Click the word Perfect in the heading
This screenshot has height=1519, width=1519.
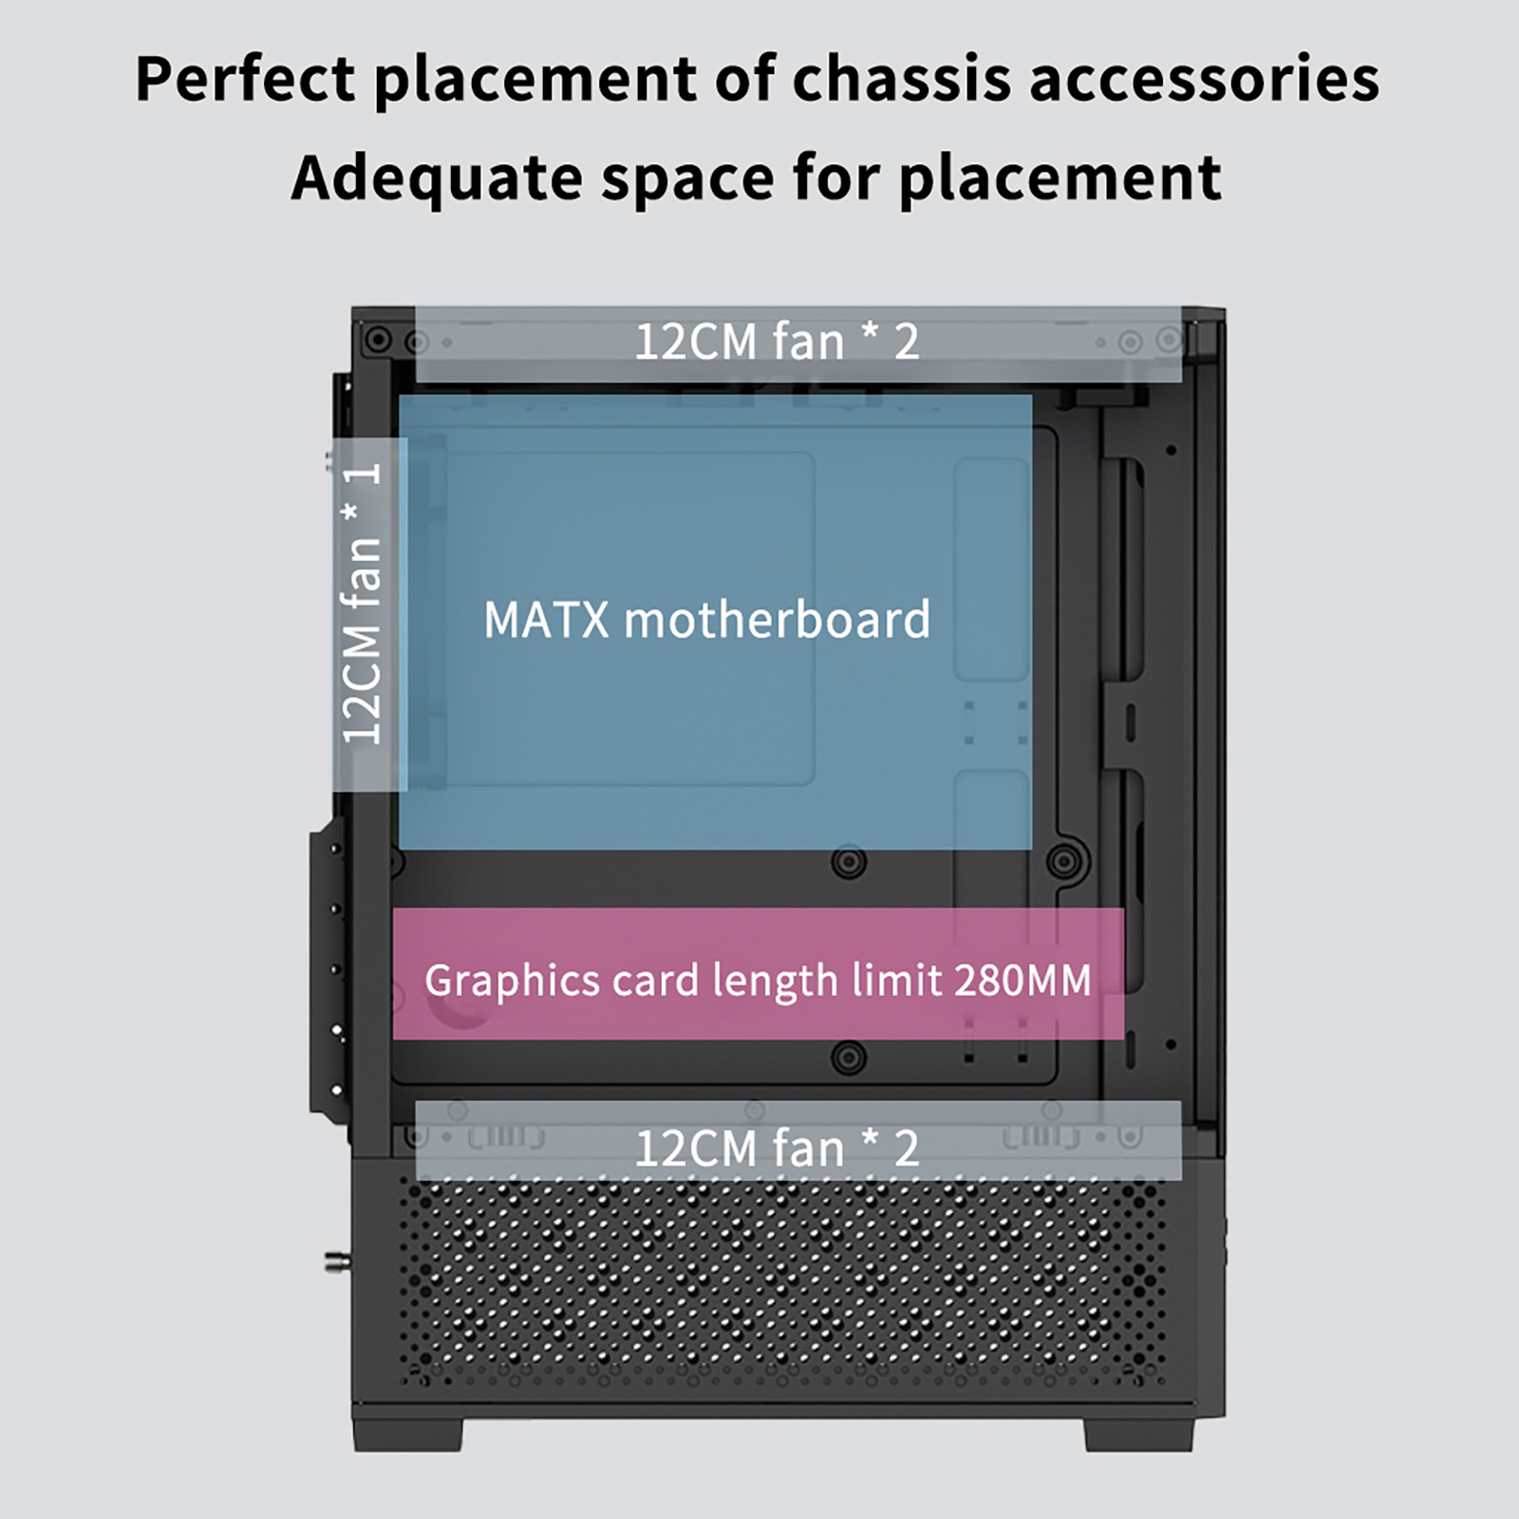click(x=245, y=78)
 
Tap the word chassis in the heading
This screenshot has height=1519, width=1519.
click(x=901, y=78)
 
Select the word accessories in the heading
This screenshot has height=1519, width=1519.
click(x=1205, y=78)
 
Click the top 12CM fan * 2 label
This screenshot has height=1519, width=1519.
click(x=777, y=342)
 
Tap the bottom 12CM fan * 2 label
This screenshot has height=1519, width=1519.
click(x=777, y=1149)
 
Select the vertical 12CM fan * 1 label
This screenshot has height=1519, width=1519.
click(x=362, y=604)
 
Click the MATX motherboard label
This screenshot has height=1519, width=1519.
click(x=707, y=620)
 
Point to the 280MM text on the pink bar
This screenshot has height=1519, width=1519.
click(x=1023, y=981)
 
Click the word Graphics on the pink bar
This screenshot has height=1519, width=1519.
click(x=513, y=981)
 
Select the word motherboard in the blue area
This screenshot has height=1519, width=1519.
click(x=778, y=620)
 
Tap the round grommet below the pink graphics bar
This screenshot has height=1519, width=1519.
click(x=848, y=1057)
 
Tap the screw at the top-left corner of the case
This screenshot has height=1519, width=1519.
click(x=378, y=339)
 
